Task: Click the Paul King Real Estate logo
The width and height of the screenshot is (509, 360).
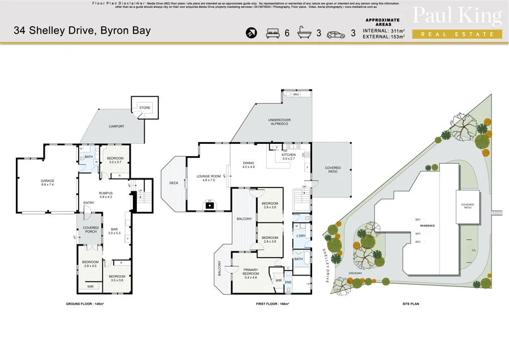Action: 457,23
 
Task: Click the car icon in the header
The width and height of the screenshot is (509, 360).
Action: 336,33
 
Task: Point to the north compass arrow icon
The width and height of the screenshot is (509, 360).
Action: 251,33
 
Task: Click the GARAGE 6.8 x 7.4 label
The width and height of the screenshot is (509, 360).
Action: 47,182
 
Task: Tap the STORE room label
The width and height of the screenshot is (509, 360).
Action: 145,106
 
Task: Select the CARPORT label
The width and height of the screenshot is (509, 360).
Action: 117,126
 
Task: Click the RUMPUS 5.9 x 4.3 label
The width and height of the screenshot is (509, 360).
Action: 106,195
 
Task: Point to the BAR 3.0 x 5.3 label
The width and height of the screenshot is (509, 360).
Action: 114,230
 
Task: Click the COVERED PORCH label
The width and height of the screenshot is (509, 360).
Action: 90,229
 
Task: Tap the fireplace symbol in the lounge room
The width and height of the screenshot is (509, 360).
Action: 210,205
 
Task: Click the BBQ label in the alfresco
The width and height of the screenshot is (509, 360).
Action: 295,94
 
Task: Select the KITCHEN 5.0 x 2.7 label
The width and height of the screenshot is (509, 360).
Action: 288,156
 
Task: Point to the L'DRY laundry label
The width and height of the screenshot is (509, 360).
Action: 301,235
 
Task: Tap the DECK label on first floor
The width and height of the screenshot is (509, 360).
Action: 173,183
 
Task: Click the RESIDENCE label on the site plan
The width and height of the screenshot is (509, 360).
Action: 428,225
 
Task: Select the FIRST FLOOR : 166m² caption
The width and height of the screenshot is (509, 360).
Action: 273,304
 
